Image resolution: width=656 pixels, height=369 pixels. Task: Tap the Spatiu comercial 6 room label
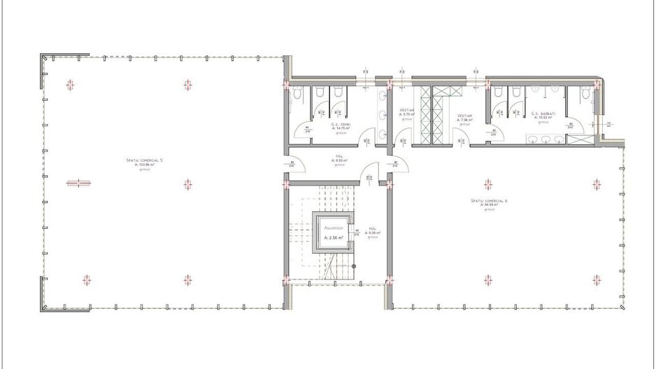[x=488, y=200]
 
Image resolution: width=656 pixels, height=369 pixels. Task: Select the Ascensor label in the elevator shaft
[x=334, y=228]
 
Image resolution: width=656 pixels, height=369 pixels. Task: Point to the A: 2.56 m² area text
[x=334, y=238]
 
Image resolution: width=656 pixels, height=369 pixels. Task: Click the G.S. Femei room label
[x=341, y=124]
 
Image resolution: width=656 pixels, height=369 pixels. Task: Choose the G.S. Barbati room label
[x=543, y=113]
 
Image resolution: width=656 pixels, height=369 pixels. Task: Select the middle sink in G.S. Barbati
[x=546, y=139]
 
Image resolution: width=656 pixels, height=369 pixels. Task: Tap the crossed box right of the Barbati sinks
[x=578, y=139]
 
